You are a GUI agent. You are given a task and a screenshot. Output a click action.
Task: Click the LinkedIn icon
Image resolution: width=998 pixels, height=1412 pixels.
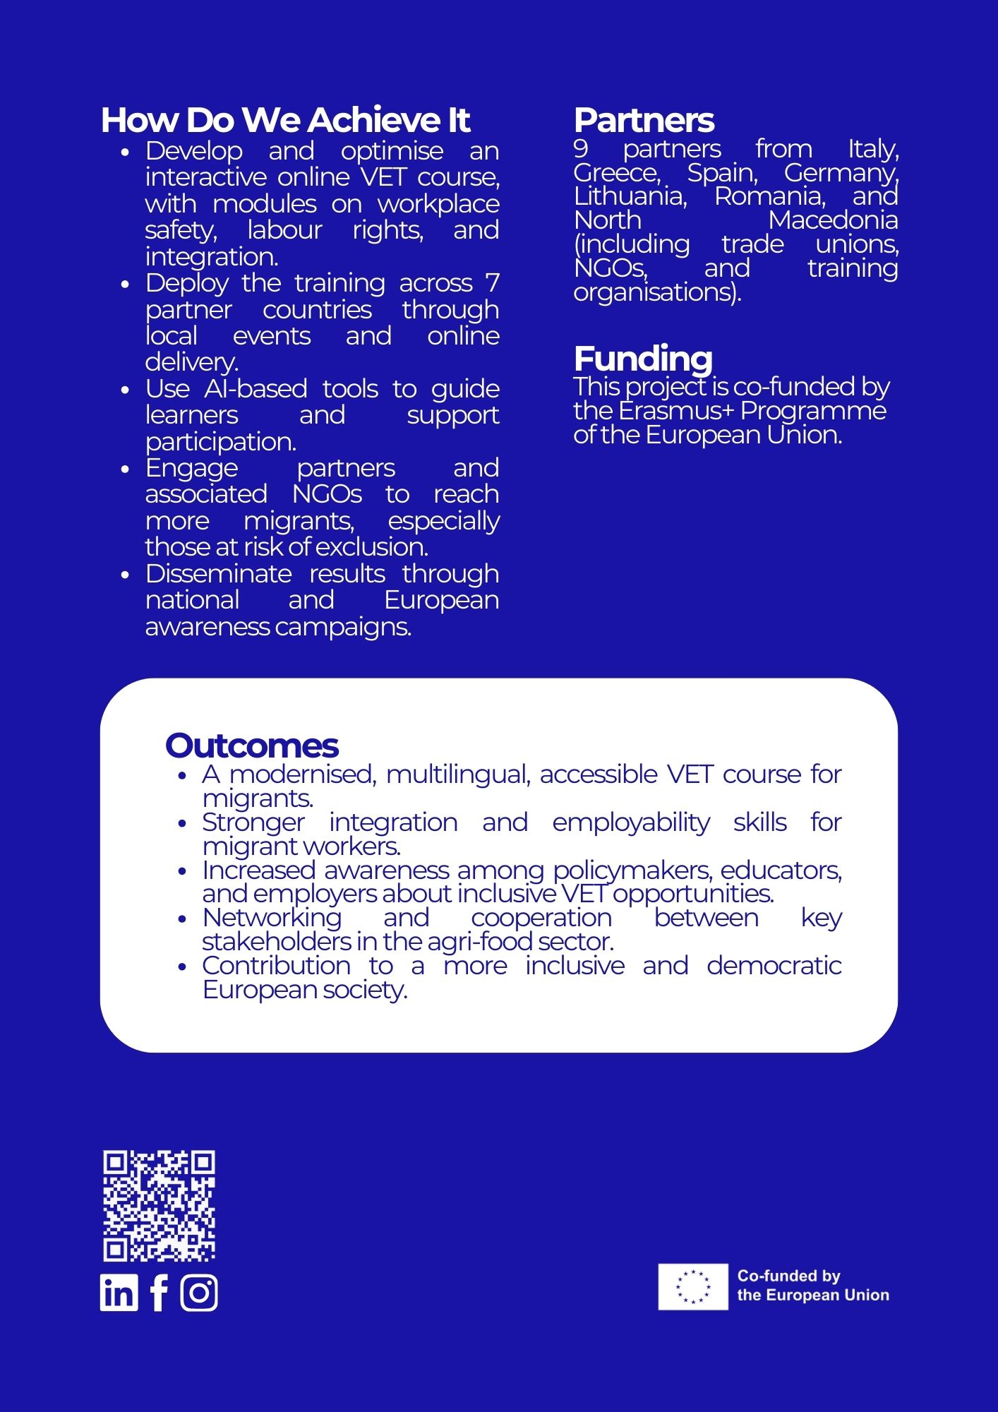(x=119, y=1293)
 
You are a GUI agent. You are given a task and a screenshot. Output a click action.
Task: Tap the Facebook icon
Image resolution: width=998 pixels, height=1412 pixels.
(x=160, y=1293)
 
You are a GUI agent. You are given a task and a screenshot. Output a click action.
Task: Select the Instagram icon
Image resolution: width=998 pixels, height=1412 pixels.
(x=199, y=1293)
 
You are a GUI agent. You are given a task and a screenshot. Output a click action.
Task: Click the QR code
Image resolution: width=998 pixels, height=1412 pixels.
(x=159, y=1206)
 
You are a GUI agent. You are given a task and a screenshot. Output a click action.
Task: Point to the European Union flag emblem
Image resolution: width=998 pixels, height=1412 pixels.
(x=692, y=1287)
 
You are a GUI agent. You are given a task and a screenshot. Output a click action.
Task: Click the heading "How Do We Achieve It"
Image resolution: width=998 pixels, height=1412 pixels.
(x=285, y=120)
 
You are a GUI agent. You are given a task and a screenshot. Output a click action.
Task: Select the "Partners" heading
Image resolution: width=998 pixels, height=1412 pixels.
(x=644, y=120)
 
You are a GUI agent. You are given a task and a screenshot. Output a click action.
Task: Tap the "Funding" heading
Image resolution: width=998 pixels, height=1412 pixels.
(x=643, y=359)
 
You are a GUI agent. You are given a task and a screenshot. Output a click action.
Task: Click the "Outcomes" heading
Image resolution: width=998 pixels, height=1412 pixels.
(x=252, y=746)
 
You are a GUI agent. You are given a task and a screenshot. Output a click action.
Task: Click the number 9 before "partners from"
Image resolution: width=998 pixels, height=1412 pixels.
(x=581, y=149)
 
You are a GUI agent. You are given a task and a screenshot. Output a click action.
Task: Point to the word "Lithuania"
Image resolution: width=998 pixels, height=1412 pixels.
(x=630, y=196)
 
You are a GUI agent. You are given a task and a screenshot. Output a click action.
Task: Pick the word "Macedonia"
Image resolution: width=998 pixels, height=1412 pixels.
(x=833, y=220)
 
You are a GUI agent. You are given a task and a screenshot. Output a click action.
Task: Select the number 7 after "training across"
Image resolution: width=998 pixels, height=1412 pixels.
(x=492, y=283)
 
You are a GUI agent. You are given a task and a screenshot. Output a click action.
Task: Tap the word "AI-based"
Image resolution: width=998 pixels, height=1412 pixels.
(x=256, y=389)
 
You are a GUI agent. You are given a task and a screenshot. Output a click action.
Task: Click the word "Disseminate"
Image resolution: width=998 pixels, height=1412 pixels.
(x=219, y=574)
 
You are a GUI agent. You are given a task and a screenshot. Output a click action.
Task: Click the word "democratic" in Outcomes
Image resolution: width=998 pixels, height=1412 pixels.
(x=774, y=966)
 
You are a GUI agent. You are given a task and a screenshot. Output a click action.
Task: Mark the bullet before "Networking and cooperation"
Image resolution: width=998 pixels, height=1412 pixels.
(x=183, y=919)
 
